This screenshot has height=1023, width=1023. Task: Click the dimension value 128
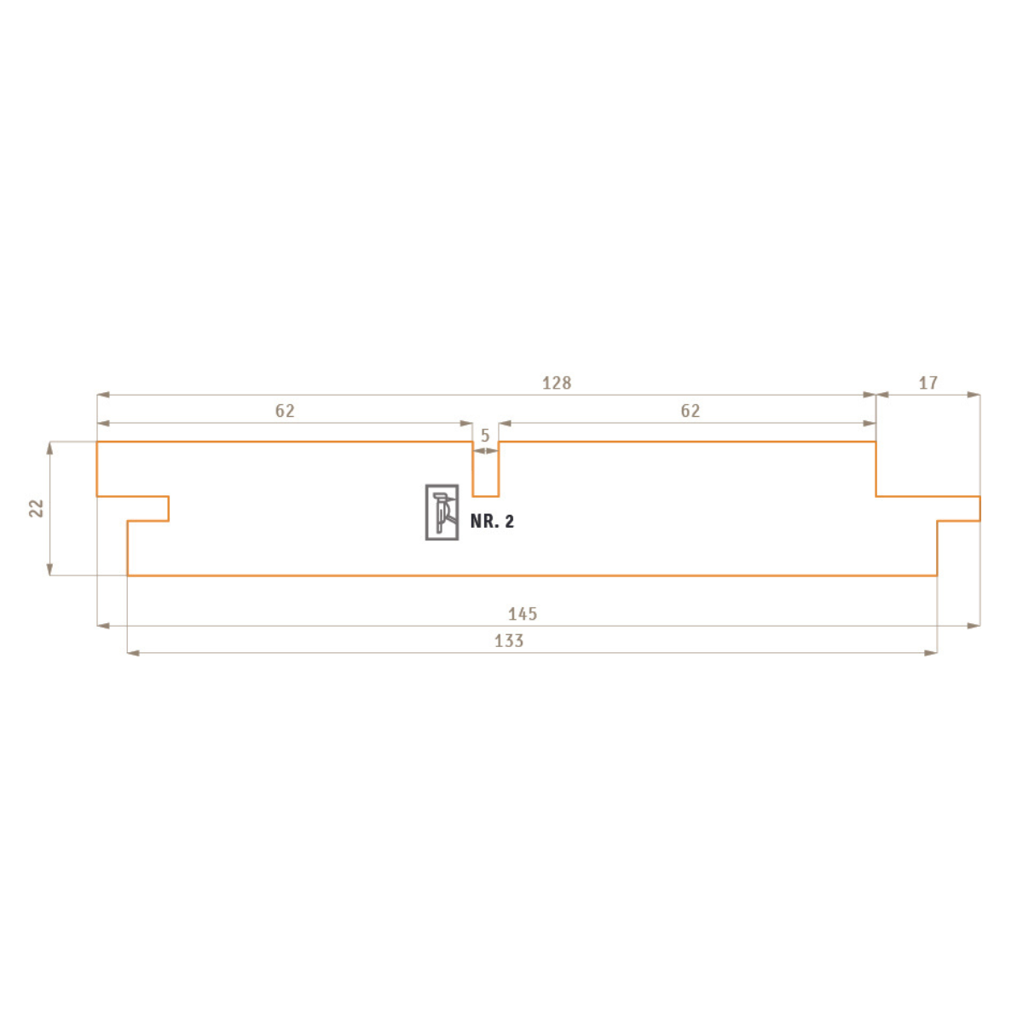click(557, 383)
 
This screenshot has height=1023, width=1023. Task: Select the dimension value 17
click(928, 383)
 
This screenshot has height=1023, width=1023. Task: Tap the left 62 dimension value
click(285, 411)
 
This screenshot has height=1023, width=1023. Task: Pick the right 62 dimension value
click(691, 411)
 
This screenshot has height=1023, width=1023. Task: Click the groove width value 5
click(485, 436)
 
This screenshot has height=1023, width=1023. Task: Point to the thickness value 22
click(36, 508)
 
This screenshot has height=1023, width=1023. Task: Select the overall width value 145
click(523, 614)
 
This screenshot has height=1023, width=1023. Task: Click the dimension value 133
click(509, 641)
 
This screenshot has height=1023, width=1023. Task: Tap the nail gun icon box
click(442, 512)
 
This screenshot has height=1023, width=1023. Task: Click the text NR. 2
click(492, 522)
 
